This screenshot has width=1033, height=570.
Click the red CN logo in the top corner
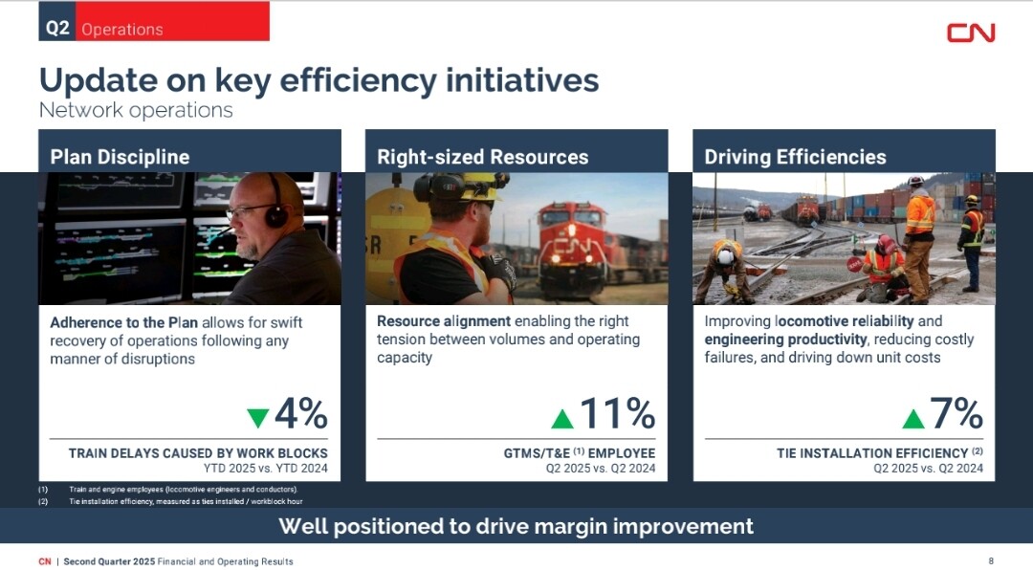coord(971,33)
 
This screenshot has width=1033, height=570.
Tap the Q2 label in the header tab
coord(57,28)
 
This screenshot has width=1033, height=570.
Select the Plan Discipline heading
coord(120,157)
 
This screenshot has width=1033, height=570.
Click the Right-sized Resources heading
coord(483,157)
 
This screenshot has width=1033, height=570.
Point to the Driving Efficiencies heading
coord(795,157)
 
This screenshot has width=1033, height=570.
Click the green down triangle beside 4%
coord(257,418)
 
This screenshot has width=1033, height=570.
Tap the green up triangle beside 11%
coord(562,419)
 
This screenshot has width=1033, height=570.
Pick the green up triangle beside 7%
coord(913,419)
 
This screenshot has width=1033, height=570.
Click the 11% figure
coord(618,413)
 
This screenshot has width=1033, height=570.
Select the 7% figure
coord(956,413)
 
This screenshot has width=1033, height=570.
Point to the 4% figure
coord(301,413)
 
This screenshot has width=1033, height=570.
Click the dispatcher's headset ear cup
coord(276,215)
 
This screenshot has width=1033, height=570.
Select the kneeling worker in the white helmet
coord(725,270)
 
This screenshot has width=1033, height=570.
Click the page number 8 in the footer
coord(991,560)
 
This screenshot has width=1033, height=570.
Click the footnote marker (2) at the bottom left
coord(43,501)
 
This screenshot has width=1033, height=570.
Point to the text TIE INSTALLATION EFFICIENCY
coord(872,453)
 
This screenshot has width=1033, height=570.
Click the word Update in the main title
coord(99,80)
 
